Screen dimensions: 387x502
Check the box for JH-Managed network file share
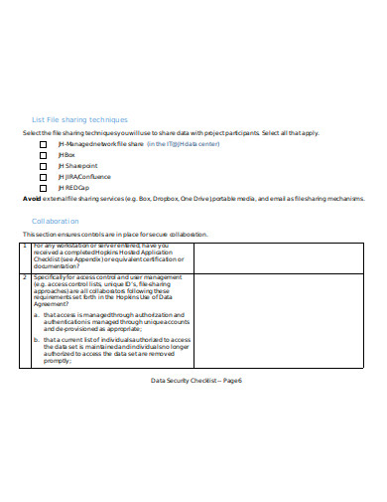click(43, 143)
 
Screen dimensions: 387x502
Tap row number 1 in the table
click(25, 245)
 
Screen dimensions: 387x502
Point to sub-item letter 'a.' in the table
click(36, 314)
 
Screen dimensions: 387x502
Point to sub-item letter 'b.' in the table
click(36, 339)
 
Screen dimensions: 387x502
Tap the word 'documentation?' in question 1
click(56, 266)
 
